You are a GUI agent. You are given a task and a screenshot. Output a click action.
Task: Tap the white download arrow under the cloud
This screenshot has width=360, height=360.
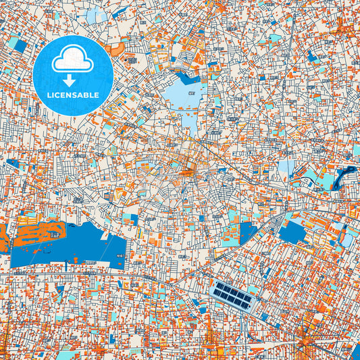[72, 80]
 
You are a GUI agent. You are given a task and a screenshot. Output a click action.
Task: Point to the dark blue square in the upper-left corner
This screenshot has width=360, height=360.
[20, 46]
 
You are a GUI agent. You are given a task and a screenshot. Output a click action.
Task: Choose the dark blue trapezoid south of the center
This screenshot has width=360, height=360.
[248, 232]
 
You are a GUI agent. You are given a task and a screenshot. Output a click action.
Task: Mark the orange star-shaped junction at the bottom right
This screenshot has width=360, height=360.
[306, 331]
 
